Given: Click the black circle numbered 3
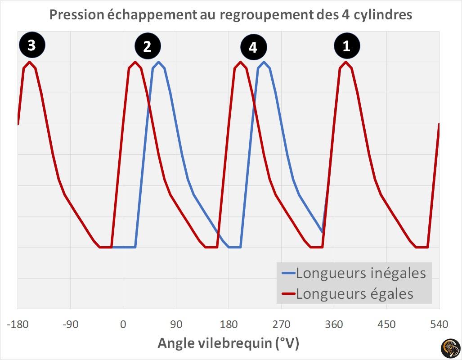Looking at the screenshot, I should click(31, 45).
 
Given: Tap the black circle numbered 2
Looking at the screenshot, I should click(148, 47).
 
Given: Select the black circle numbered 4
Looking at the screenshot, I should click(253, 47).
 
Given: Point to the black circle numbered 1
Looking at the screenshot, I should click(346, 46).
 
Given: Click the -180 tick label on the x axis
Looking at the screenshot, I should click(18, 324).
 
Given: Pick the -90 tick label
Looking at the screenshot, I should click(70, 324).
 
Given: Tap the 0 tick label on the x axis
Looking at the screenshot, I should click(123, 324).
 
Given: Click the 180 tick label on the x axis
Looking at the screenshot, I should click(229, 324).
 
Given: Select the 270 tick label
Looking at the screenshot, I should click(281, 324).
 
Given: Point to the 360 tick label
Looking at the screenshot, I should click(334, 324).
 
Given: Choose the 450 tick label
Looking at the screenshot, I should click(386, 324).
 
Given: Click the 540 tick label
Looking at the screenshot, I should click(439, 324).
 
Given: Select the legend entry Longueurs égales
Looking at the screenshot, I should click(354, 294).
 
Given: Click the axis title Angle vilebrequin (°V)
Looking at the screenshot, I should click(228, 343).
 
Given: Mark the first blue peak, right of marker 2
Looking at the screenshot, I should click(159, 62).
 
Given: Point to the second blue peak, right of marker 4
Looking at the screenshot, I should click(264, 62).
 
